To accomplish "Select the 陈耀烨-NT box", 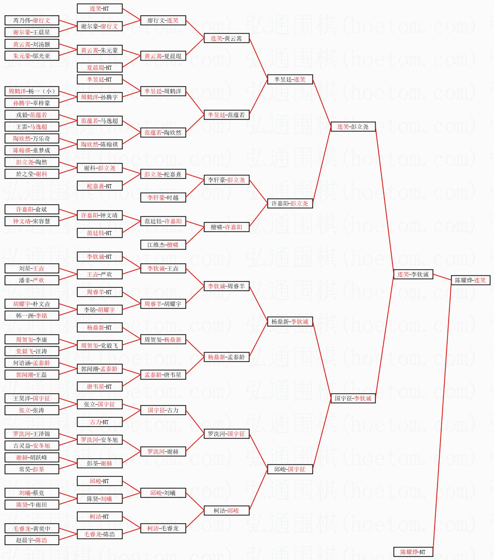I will point(413,552).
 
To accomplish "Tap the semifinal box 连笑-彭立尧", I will point(353,127).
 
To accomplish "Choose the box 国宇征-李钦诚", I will point(353,398).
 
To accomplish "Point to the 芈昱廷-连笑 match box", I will point(290,79).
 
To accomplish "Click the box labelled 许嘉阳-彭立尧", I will point(290,203).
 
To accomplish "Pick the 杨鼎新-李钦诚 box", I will point(290,322).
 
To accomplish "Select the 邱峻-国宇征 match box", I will point(290,469).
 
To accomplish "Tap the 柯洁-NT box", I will point(100,516).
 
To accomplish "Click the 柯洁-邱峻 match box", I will point(226,511).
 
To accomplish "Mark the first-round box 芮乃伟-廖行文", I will point(32,20).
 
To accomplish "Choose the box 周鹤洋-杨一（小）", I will point(32,91).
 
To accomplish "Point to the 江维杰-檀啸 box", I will point(163,245).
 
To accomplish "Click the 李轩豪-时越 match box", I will point(163,197).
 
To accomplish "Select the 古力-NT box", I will point(100,422).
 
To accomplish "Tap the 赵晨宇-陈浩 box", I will point(32,540).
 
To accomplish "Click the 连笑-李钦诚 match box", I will point(413,274).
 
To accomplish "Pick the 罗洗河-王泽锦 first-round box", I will point(32,434).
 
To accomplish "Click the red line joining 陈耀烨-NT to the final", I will point(441,417).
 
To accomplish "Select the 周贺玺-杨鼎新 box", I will point(163,339).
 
